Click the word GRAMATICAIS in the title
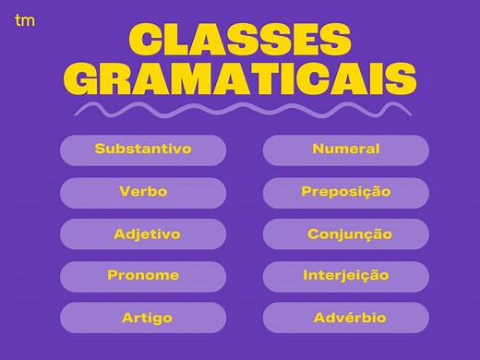(x=240, y=80)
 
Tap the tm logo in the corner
(x=25, y=19)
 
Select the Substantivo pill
(x=143, y=150)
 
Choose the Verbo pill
(x=143, y=192)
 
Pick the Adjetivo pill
(x=143, y=234)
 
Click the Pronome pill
(x=143, y=276)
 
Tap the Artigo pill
(x=143, y=318)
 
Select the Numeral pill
(x=346, y=150)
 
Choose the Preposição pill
(x=346, y=192)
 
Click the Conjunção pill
(x=346, y=234)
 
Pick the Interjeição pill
(x=346, y=276)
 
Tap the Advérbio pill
(x=346, y=318)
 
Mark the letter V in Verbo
(x=124, y=192)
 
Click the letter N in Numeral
(x=318, y=149)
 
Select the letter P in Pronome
(x=112, y=276)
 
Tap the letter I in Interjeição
(x=306, y=276)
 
